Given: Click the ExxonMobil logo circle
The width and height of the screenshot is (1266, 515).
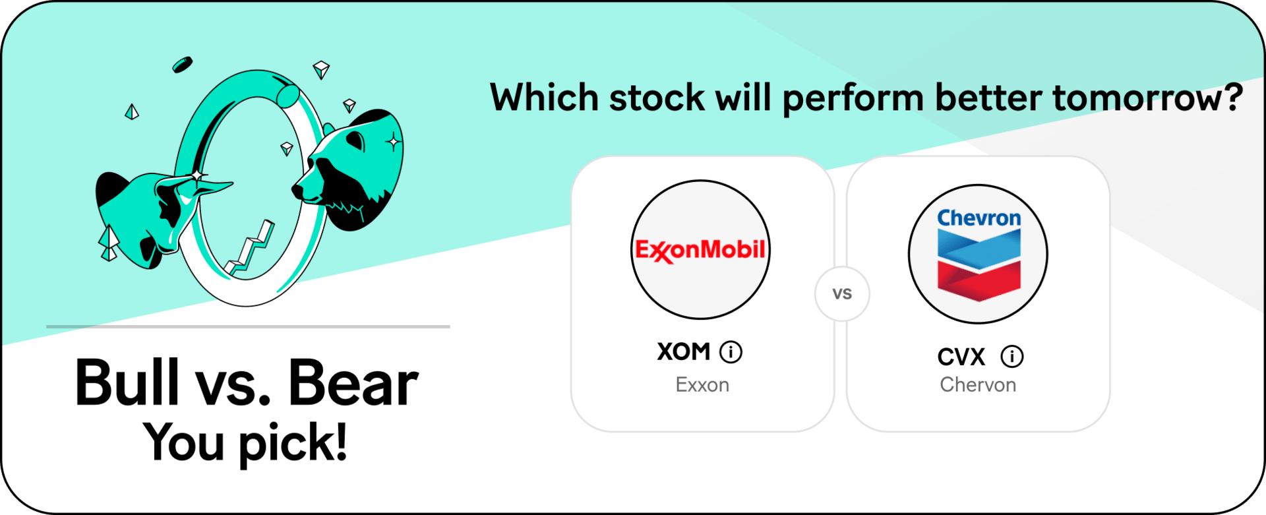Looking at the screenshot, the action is click(x=700, y=250).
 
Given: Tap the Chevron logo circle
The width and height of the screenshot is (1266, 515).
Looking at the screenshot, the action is click(x=978, y=254).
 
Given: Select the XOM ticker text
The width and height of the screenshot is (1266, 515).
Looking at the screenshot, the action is click(x=684, y=351).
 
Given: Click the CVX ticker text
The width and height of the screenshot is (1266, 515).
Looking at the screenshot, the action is click(x=961, y=357).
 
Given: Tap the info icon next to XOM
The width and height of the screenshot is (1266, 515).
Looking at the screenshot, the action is click(x=731, y=352).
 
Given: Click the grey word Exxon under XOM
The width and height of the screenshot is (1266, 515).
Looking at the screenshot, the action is click(x=702, y=385).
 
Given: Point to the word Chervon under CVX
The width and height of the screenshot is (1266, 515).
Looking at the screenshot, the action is click(x=978, y=385).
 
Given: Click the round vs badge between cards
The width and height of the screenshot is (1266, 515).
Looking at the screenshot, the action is click(x=842, y=293).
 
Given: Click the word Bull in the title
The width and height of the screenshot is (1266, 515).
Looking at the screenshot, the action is click(x=127, y=382).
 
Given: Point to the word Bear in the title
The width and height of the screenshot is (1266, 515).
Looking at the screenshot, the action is click(x=353, y=383).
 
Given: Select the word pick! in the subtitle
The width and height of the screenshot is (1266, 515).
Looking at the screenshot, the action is click(x=293, y=443).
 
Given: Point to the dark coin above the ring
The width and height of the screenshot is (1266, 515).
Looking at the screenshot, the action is click(x=182, y=65).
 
